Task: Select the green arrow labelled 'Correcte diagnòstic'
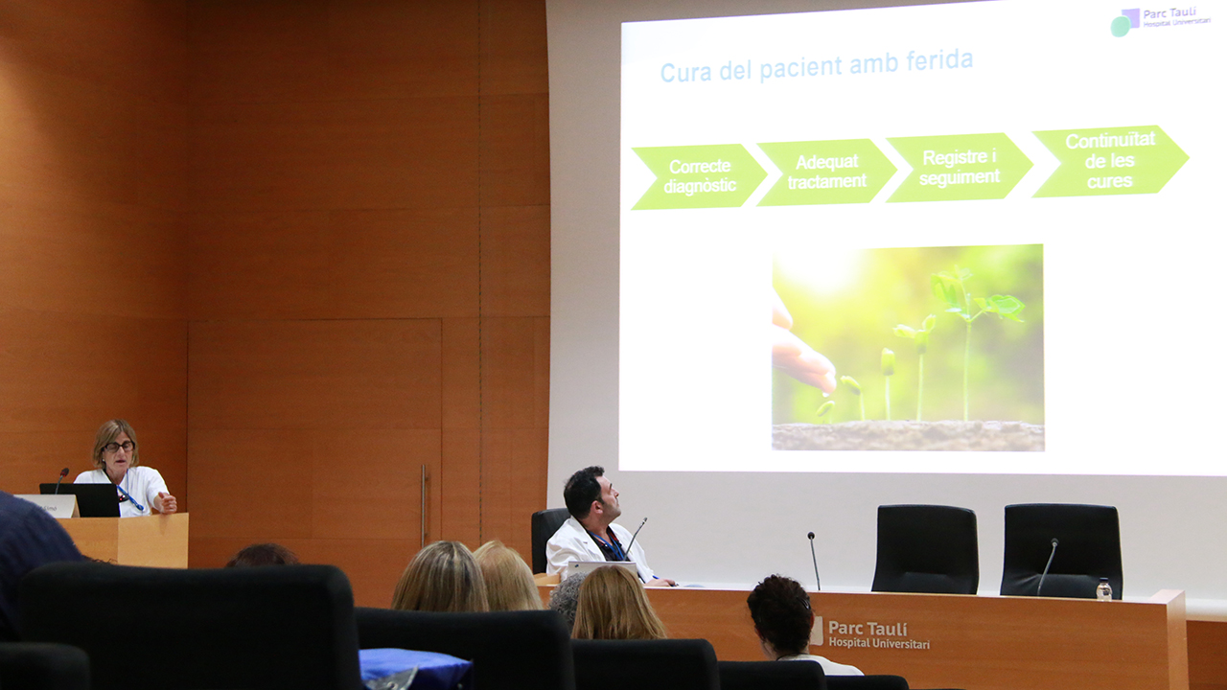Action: point(699,176)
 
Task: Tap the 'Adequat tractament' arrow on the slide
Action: point(826,172)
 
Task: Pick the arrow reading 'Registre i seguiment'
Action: point(960,168)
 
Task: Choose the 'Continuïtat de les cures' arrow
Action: point(1110,161)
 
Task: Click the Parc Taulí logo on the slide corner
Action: point(1160,21)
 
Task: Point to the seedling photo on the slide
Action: point(908,348)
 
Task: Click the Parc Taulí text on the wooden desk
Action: point(877,634)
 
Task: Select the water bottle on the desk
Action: point(1103,589)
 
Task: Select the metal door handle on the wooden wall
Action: point(423,505)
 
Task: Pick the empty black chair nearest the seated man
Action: point(925,549)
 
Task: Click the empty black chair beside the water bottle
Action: point(1060,550)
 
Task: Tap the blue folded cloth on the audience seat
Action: point(415,668)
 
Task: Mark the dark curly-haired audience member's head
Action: point(780,614)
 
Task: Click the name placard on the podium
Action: point(48,506)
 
